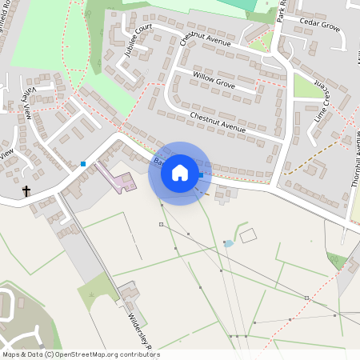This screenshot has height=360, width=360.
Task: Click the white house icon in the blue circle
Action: point(180,173)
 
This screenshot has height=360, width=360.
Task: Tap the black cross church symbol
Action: point(26,191)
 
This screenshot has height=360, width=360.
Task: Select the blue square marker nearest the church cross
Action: point(83,164)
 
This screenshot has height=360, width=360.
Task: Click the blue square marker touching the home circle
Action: point(200,175)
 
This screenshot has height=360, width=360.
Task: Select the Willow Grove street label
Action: point(214,80)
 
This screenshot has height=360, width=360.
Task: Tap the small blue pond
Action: point(229,242)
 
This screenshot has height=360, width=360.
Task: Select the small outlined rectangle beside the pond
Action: point(248,235)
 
